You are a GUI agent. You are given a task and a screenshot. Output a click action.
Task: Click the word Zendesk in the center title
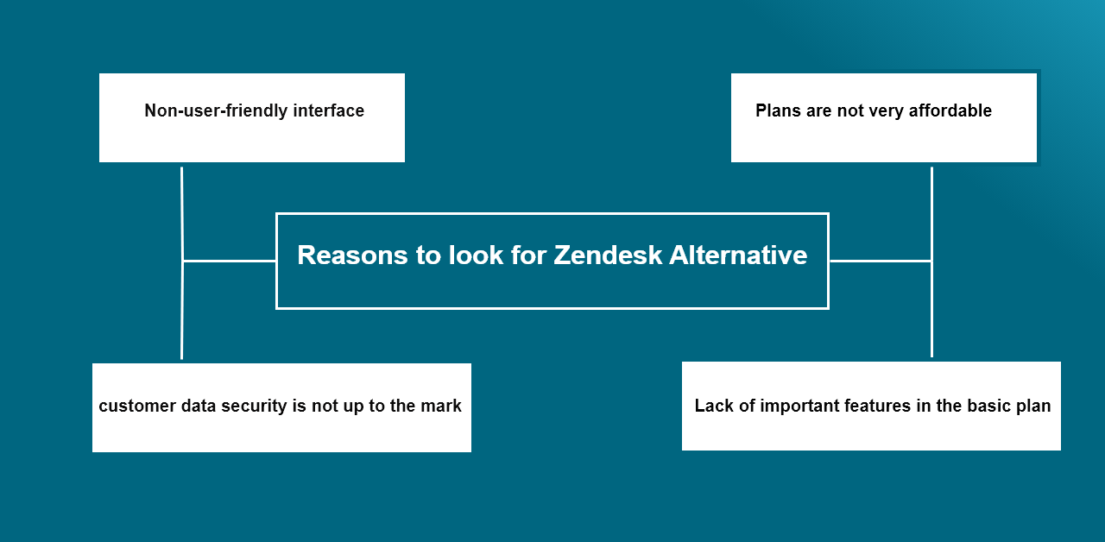[608, 255]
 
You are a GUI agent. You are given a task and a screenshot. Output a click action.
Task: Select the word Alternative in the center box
[738, 255]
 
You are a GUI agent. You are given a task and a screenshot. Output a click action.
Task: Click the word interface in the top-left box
[329, 110]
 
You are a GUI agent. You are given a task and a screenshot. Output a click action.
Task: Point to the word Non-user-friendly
[216, 111]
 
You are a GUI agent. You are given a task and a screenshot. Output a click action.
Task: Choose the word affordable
[950, 110]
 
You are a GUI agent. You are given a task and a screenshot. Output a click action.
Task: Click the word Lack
[714, 406]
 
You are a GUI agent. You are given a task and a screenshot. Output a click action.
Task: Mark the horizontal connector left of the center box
[230, 261]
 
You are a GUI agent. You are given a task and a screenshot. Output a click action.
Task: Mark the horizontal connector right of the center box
[881, 261]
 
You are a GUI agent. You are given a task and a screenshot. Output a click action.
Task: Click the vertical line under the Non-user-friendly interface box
[182, 263]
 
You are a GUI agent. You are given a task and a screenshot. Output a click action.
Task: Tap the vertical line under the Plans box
[931, 262]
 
